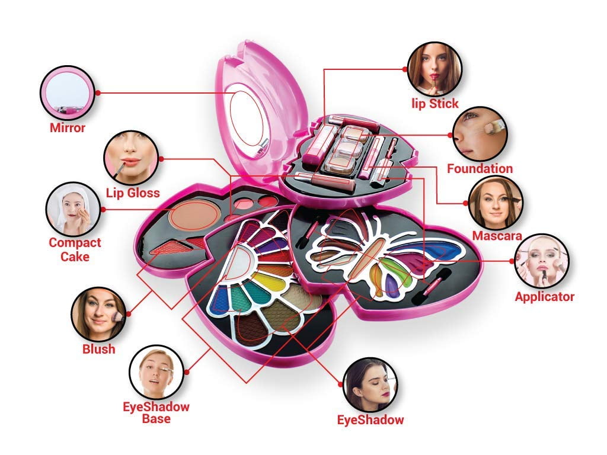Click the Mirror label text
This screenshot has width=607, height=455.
coord(68,127)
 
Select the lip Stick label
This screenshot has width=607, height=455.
coord(435,104)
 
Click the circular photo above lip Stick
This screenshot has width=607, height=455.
coord(435,68)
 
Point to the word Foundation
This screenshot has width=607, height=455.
coord(480,169)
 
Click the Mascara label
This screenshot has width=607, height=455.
coord(496,236)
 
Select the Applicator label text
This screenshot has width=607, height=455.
coord(544,297)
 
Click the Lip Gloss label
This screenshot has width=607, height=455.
coord(133,193)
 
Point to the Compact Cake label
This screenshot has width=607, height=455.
coord(75,249)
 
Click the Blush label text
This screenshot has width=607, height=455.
coord(99,349)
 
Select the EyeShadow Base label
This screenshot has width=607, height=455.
coord(156,413)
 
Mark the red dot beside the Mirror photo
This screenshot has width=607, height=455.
coord(98,92)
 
